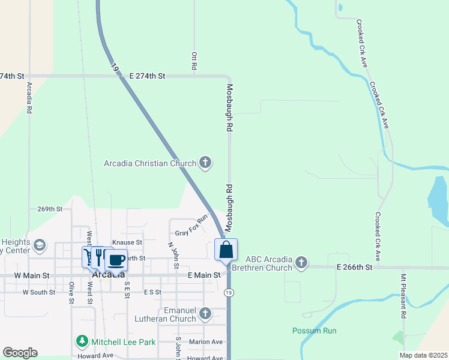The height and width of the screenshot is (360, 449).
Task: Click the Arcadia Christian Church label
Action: tap(150, 163)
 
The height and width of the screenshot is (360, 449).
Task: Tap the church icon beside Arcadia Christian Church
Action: tap(205, 163)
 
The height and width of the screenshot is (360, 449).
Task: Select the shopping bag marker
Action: tap(226, 250)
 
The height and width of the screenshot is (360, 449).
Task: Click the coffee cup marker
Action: tap(116, 260)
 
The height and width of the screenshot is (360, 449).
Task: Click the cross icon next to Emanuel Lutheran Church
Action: tap(205, 314)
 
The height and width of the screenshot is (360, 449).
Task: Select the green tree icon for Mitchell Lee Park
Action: tap(82, 342)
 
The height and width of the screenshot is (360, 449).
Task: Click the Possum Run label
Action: tap(315, 331)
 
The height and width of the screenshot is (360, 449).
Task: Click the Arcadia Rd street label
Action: tap(29, 98)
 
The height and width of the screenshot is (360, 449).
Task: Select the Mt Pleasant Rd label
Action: tap(403, 297)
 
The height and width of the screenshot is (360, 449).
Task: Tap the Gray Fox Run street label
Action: tap(191, 226)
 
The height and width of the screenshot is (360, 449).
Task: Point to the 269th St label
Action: tap(50, 209)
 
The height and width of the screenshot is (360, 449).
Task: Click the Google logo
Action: tap(20, 353)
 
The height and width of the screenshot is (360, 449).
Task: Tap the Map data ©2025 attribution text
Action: tap(423, 355)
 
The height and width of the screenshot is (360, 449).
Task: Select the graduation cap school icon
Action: tap(40, 245)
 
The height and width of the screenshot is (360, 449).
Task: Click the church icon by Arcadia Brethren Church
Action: tap(301, 262)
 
